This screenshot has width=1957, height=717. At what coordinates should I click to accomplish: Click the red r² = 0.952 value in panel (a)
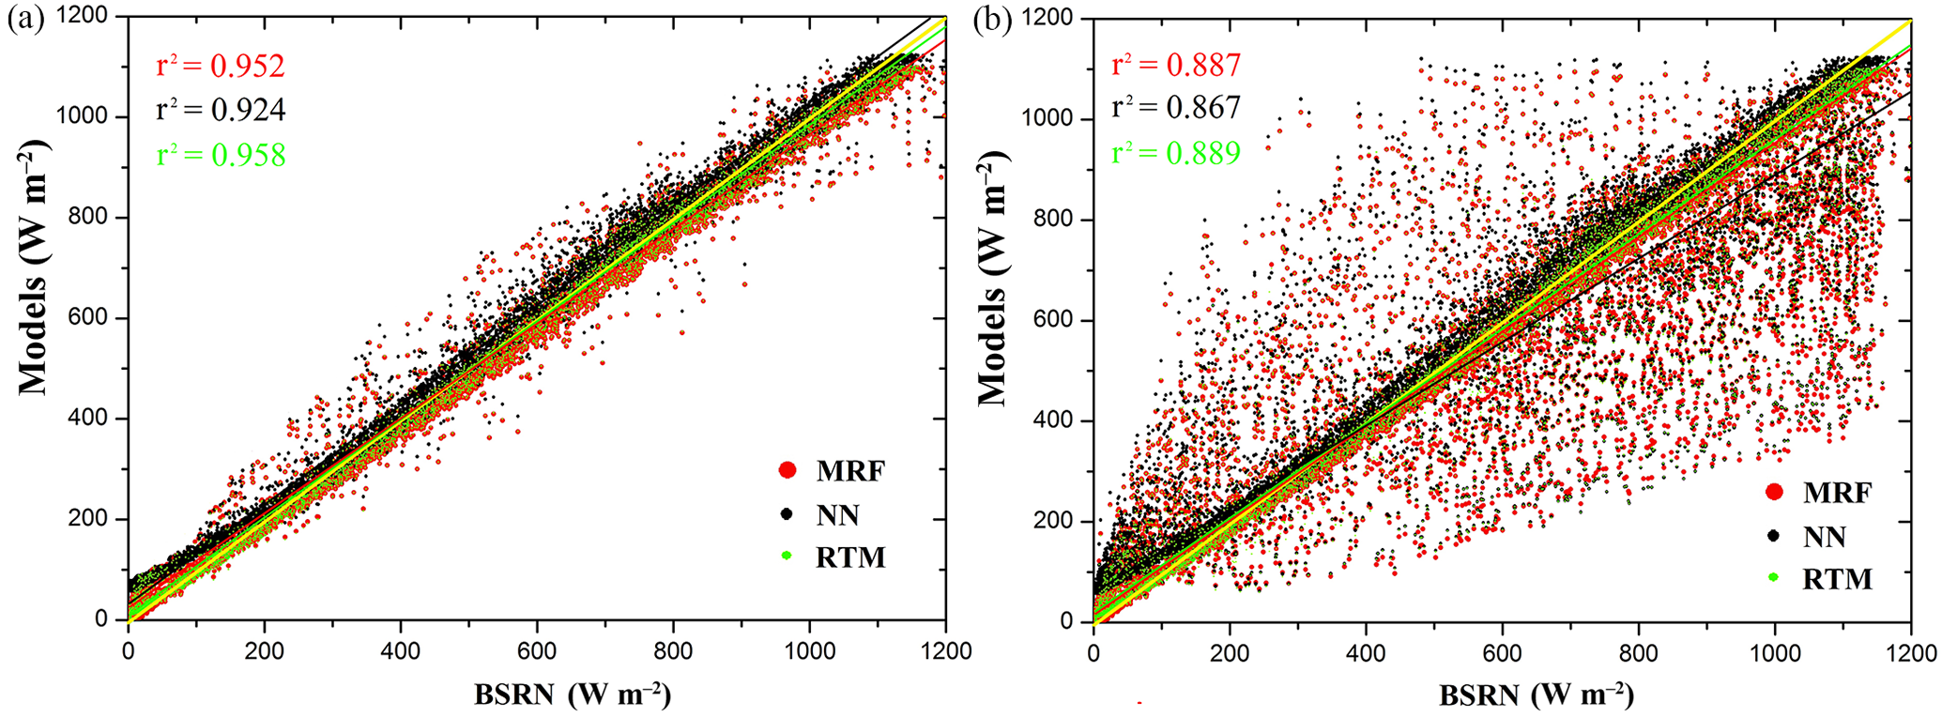(220, 66)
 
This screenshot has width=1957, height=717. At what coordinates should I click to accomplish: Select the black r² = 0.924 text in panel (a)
(220, 111)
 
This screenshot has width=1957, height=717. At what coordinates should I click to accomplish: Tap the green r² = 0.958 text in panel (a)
(220, 155)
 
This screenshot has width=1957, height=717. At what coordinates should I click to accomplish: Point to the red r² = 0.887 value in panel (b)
(1176, 65)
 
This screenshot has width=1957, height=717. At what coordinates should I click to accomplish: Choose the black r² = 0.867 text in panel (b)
(1176, 108)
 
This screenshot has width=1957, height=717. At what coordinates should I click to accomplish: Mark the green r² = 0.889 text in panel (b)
(1176, 152)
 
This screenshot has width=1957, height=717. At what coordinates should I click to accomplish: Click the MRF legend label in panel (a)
(850, 470)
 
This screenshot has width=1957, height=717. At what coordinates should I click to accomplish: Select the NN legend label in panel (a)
(837, 514)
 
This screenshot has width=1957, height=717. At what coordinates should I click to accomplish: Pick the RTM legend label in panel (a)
(850, 557)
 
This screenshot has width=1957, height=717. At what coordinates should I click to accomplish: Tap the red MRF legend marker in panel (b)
(1774, 492)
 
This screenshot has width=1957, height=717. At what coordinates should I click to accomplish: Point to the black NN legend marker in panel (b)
(1774, 536)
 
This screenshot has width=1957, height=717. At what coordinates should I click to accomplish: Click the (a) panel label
(25, 20)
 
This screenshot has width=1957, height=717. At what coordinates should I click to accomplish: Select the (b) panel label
(992, 20)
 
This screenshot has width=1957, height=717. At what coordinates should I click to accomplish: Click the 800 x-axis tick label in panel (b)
(1639, 653)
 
